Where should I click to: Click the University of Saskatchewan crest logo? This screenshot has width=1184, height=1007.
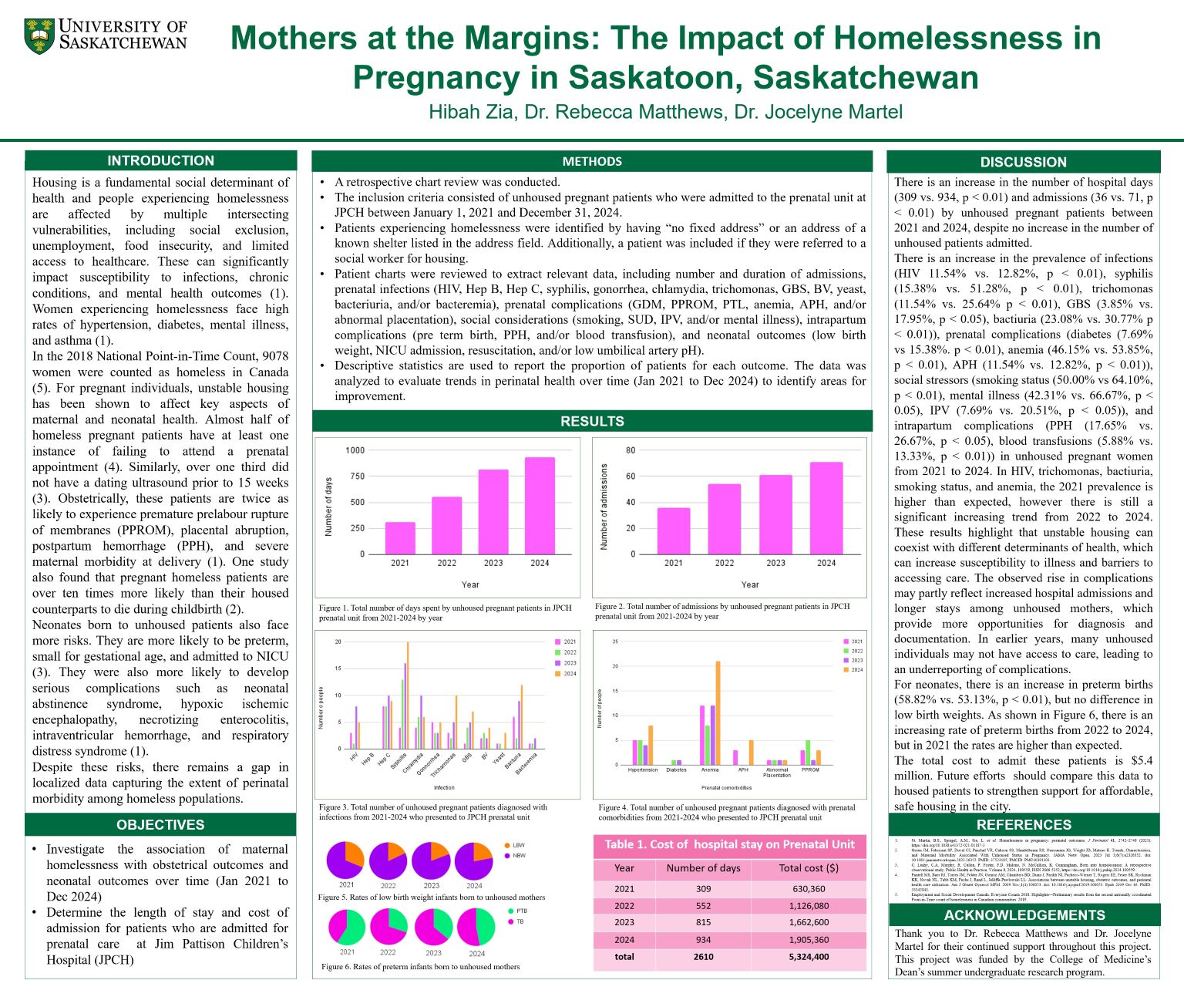39,36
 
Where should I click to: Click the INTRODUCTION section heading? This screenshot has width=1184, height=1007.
160,160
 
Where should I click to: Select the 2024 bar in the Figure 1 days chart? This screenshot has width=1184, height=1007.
540,506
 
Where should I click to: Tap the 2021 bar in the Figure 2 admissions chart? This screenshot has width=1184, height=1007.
674,530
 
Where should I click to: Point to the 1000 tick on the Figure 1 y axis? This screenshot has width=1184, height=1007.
355,450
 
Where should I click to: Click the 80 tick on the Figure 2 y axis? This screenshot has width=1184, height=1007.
631,450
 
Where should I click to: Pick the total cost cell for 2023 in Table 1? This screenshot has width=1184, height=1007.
809,922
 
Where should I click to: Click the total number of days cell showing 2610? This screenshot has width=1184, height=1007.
703,957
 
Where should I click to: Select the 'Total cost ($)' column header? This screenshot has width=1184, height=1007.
809,868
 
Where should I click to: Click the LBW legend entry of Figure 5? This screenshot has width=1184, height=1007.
518,845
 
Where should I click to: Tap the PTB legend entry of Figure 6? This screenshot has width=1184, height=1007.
521,911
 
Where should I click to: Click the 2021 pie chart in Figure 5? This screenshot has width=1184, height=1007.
345,860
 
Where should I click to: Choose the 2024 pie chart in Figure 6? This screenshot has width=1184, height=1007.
476,927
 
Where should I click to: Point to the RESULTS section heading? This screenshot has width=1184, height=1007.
592,421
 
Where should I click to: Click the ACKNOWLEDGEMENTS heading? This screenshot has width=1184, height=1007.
1024,915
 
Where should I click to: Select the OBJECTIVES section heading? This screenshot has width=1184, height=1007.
160,824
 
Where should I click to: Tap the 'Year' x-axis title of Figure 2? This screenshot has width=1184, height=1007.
749,584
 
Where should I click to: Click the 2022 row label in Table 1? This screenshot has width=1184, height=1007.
624,906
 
